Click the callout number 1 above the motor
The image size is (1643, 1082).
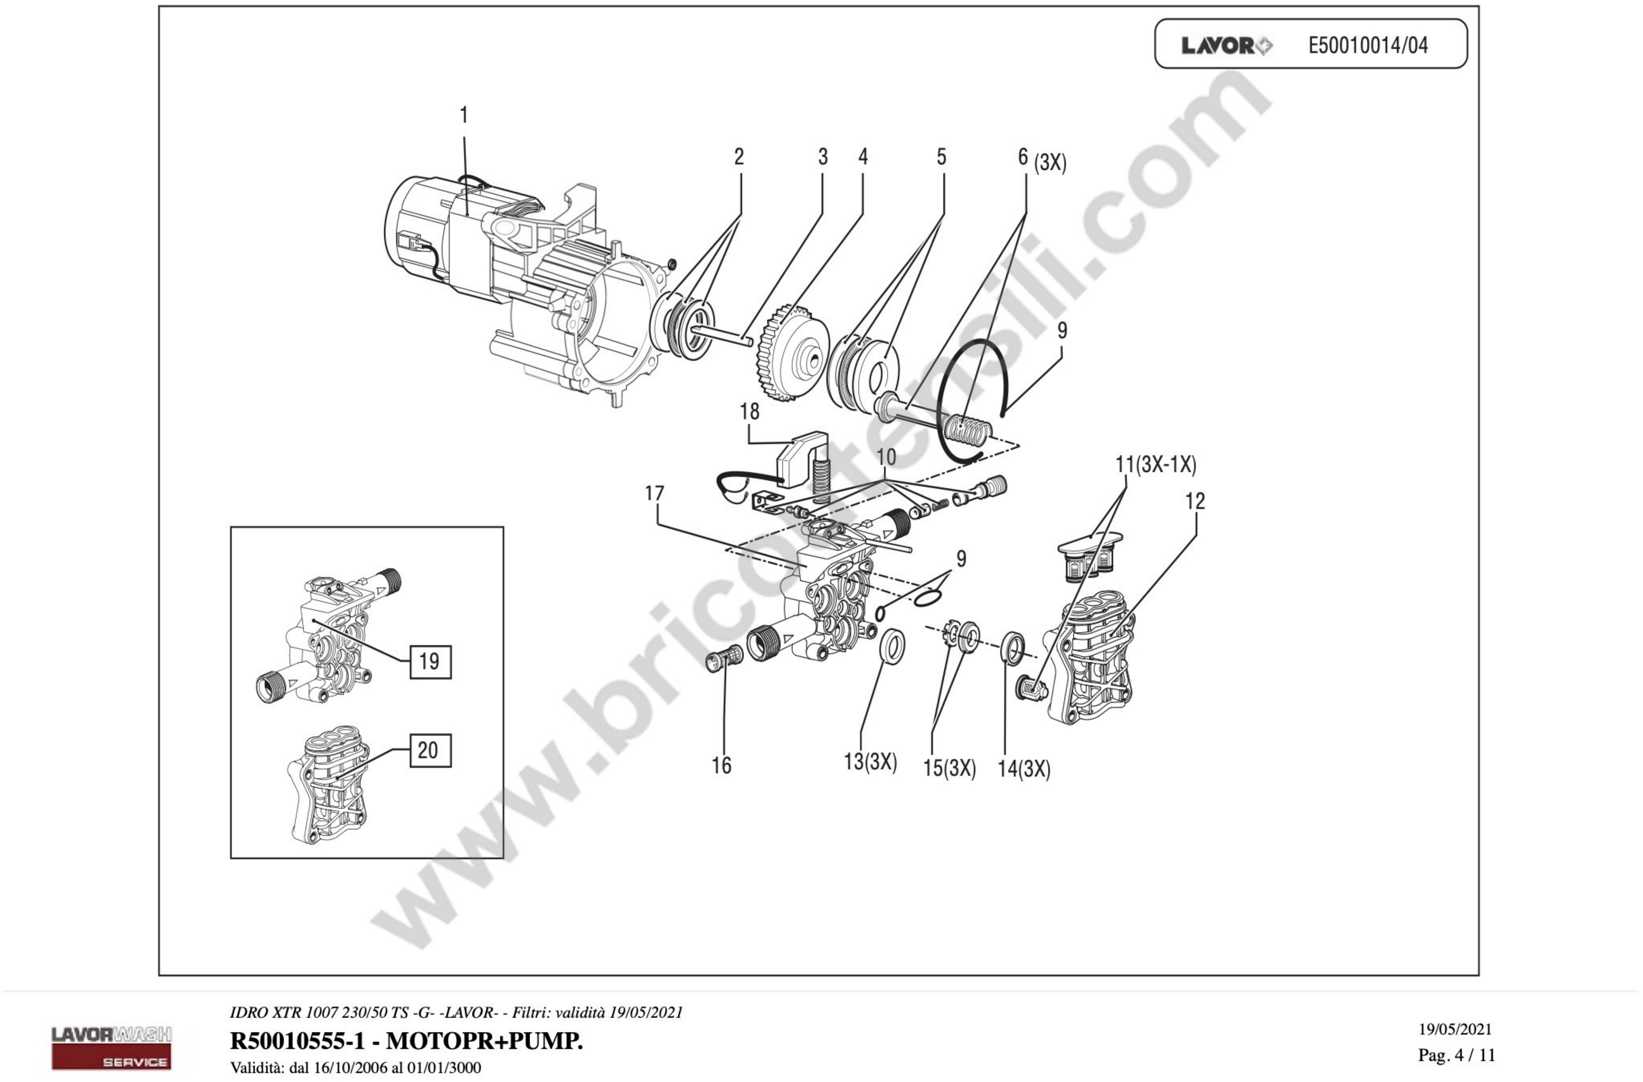pos(464,115)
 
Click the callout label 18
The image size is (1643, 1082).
pos(749,412)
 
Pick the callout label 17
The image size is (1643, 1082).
pos(655,493)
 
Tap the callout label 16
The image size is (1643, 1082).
pos(721,765)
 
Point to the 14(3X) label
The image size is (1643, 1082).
pos(1024,769)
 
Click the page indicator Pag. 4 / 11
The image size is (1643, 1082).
pos(1457,1055)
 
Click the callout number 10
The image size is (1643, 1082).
pos(886,457)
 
